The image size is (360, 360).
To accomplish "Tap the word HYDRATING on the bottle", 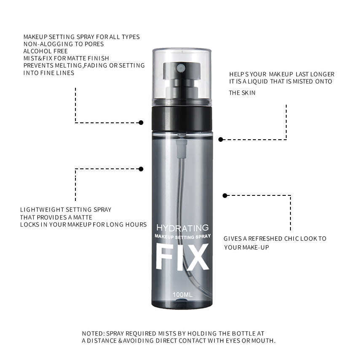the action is point(183,228).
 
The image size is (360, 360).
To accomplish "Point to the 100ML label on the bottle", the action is point(183,295).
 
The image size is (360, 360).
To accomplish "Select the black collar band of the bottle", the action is point(182,118).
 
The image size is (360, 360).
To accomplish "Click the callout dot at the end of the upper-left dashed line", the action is point(141,122).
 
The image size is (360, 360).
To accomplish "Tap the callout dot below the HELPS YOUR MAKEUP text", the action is point(220,139).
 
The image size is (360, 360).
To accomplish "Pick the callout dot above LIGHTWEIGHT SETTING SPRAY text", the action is point(141,169).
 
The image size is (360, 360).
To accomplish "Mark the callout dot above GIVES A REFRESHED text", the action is point(225,195).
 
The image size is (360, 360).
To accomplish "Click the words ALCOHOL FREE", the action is point(46,51).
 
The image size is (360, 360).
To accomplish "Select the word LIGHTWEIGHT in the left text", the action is point(42,210).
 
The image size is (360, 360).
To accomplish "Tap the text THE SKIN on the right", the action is point(242,93).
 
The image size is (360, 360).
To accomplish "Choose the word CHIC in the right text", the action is point(291,238).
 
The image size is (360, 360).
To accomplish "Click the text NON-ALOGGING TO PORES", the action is point(64,44).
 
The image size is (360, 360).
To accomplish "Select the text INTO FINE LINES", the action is point(48,73).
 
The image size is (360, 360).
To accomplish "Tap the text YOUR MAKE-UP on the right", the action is point(246,247).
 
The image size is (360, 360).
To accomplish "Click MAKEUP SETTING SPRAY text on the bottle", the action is point(183,236).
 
